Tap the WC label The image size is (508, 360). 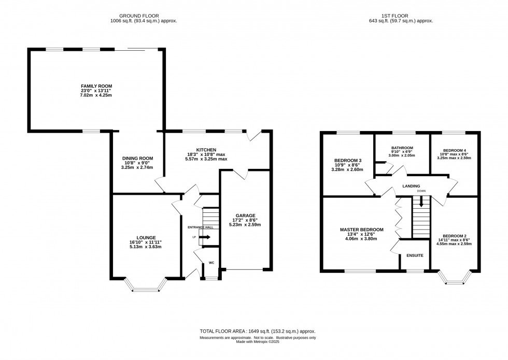211,263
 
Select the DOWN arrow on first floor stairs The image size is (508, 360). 421,202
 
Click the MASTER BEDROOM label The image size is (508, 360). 361,229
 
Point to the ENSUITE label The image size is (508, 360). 415,255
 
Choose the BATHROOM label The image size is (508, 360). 402,148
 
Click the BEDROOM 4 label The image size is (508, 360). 454,150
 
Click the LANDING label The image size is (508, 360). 410,186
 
